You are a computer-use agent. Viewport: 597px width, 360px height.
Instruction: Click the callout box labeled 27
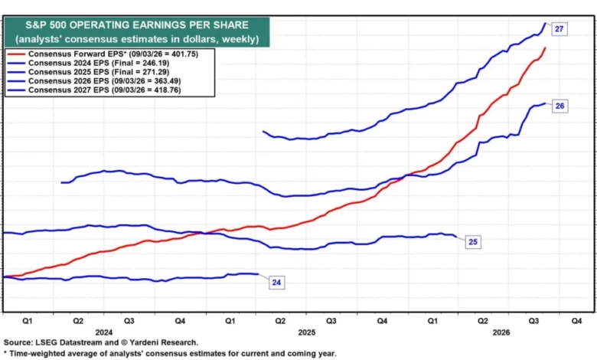click(559, 29)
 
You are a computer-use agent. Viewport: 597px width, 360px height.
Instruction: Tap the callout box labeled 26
click(559, 106)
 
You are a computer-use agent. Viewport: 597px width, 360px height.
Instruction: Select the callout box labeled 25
click(473, 242)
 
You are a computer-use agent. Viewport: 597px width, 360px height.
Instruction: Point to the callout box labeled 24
click(276, 283)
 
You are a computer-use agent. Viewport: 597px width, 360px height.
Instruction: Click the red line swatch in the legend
click(16, 54)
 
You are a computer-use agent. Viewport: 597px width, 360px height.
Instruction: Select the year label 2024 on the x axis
click(104, 332)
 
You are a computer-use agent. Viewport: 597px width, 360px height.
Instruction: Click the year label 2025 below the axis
click(306, 332)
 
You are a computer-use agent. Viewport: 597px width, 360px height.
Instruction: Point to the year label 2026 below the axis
click(501, 332)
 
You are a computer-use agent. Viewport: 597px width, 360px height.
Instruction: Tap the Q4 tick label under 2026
click(576, 321)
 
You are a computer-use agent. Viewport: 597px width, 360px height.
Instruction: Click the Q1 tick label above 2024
click(28, 321)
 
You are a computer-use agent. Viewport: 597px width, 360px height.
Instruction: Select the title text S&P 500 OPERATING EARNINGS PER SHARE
click(137, 25)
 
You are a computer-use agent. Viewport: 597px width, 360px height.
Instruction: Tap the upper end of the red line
click(545, 47)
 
